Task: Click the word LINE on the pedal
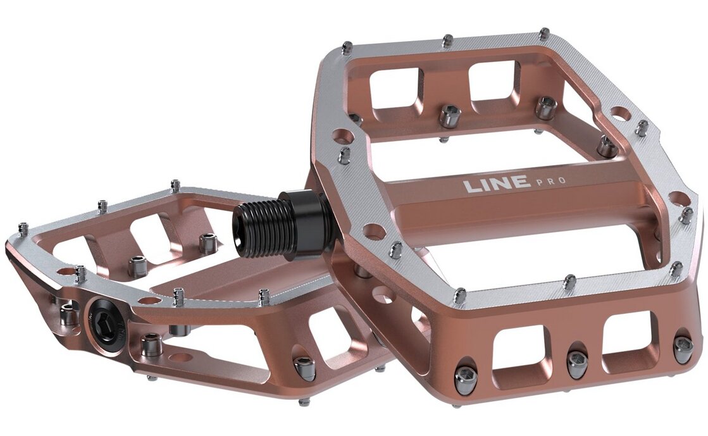tap(497, 184)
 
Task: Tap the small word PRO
tap(550, 182)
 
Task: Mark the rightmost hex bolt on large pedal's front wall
tap(683, 348)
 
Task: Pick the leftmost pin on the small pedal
tap(23, 228)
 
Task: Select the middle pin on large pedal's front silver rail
tap(569, 280)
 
